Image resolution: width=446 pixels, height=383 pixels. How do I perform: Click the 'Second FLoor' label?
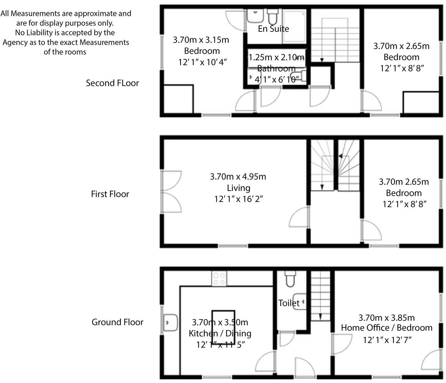(x=112, y=83)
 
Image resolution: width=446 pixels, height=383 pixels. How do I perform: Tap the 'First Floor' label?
(x=110, y=194)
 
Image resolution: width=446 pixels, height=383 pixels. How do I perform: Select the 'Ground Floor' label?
(x=117, y=322)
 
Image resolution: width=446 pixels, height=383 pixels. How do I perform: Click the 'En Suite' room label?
(x=273, y=29)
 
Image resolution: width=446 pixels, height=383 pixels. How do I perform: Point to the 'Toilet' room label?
(x=289, y=303)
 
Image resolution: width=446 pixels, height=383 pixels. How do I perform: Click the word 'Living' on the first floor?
(x=238, y=188)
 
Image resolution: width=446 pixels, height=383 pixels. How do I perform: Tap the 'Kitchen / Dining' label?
(x=220, y=333)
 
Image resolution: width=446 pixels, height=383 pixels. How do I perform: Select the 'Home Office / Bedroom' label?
(x=387, y=328)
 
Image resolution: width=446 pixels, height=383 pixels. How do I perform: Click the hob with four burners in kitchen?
(x=219, y=279)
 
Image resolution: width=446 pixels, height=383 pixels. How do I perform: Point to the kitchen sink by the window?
(x=170, y=322)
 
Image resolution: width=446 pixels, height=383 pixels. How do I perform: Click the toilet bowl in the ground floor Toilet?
(x=291, y=279)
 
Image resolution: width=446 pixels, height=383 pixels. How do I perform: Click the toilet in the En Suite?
(x=273, y=16)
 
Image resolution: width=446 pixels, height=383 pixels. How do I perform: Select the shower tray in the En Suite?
(x=294, y=27)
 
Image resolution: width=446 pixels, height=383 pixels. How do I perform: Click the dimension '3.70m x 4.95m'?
(x=238, y=177)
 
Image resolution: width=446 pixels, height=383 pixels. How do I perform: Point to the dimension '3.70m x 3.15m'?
(x=201, y=40)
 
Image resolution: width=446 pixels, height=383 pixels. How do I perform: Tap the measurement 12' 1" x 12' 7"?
(x=387, y=340)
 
